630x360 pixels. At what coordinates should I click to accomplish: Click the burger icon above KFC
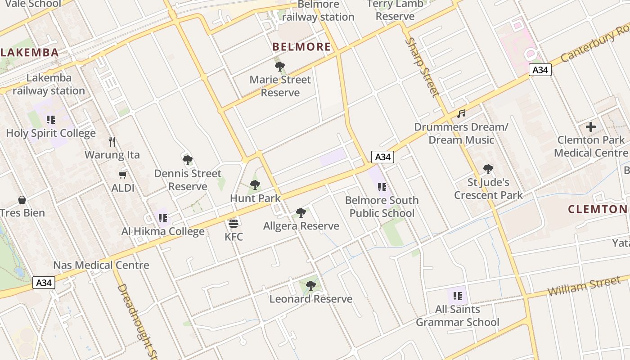[233, 223]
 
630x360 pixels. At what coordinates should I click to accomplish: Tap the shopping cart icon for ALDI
[123, 175]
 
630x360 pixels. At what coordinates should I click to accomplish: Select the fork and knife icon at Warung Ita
[112, 142]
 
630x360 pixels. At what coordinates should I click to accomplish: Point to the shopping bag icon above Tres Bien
[22, 200]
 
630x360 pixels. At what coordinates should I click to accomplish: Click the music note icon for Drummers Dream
[461, 114]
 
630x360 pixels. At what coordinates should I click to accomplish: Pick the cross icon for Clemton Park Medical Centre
[591, 127]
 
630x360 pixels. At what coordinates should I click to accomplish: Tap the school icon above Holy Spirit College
[51, 120]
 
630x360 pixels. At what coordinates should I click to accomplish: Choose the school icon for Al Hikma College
[163, 218]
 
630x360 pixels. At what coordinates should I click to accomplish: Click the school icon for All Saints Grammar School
[458, 296]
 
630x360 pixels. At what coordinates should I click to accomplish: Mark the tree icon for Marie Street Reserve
[280, 67]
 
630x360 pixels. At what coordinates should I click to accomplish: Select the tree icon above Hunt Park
[255, 184]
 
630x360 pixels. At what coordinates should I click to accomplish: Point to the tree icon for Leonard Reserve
[310, 285]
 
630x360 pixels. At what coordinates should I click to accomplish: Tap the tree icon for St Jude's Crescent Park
[488, 169]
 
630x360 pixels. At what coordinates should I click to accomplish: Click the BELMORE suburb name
[301, 47]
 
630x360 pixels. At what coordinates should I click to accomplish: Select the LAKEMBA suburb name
[29, 53]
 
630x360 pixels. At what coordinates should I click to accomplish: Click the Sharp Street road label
[422, 67]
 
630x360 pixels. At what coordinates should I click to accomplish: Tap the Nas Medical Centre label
[101, 265]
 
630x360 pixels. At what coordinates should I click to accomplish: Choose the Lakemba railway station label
[49, 84]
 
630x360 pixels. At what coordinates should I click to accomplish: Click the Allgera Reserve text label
[301, 226]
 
